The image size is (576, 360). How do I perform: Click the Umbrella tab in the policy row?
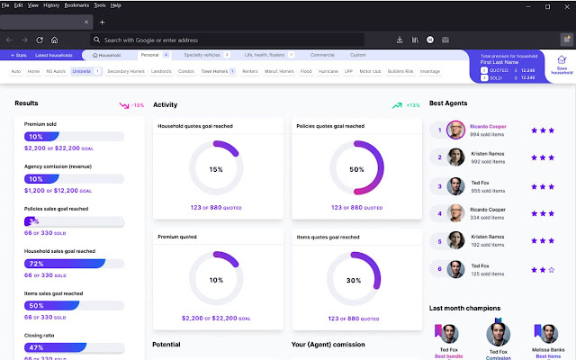(80, 70)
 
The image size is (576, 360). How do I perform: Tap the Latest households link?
(54, 55)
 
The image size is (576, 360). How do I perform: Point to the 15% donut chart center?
(216, 169)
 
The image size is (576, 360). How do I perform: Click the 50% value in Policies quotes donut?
(356, 169)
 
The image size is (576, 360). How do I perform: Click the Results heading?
(27, 103)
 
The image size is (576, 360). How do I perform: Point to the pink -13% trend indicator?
(131, 105)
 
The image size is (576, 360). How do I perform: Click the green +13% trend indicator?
(406, 105)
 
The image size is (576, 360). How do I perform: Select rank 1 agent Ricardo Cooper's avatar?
(457, 130)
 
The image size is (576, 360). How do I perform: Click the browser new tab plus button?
(102, 22)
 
